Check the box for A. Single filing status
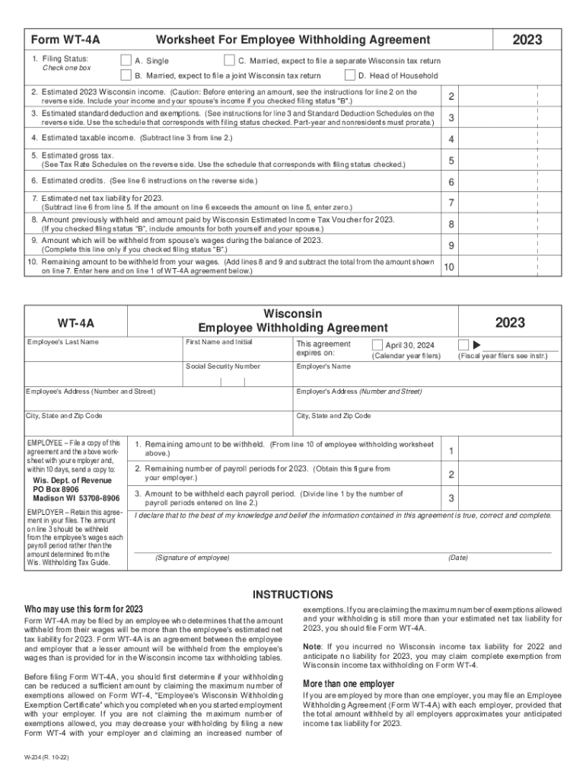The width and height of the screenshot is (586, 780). [126, 60]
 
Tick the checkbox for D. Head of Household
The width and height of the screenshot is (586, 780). [350, 75]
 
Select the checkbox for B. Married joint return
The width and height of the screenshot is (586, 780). [126, 75]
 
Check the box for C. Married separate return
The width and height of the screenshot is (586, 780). [229, 60]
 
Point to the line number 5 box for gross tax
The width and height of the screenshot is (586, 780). [451, 161]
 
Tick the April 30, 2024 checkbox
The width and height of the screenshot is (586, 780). [377, 344]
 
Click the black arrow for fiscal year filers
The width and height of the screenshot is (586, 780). [477, 344]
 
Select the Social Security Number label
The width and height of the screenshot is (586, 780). [222, 366]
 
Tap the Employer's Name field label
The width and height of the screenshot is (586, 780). [323, 366]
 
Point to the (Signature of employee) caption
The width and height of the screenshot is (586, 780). [192, 558]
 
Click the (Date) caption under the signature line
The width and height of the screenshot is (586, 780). [458, 558]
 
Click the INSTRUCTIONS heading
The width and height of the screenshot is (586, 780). [293, 594]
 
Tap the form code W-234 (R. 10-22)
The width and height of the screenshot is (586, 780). [48, 759]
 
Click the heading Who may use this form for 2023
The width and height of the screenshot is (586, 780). [84, 609]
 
